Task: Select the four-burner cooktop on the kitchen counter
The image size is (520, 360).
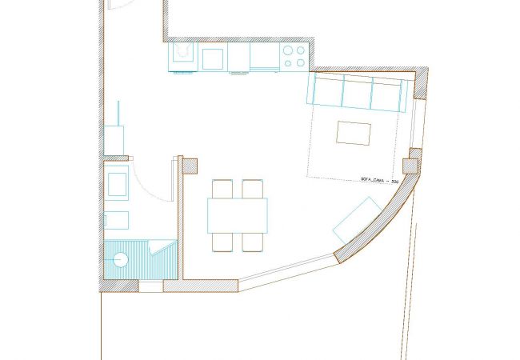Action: pyautogui.click(x=294, y=56)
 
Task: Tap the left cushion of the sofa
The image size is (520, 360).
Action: pyautogui.click(x=328, y=93)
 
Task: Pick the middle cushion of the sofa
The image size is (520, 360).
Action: pyautogui.click(x=357, y=93)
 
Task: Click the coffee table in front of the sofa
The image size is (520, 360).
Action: pyautogui.click(x=354, y=133)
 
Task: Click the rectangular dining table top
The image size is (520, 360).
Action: pyautogui.click(x=237, y=215)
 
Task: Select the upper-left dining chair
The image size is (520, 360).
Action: pyautogui.click(x=222, y=189)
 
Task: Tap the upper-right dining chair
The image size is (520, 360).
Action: pyautogui.click(x=253, y=189)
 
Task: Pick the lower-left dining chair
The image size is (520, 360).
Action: pyautogui.click(x=222, y=242)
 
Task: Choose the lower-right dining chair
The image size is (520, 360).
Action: pyautogui.click(x=253, y=242)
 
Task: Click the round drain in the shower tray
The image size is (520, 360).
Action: pyautogui.click(x=121, y=259)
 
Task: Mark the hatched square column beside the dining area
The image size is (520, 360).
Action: pyautogui.click(x=189, y=166)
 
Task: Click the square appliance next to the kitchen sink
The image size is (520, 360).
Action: pyautogui.click(x=213, y=58)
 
